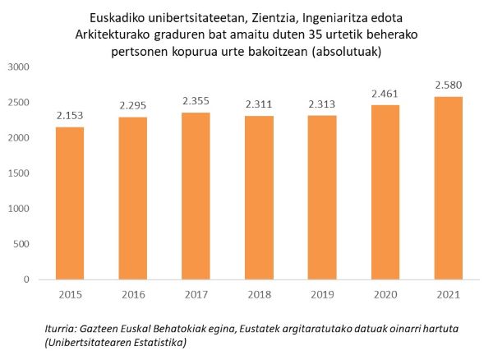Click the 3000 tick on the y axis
[18, 67]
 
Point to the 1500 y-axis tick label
[18, 173]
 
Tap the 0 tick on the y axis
[27, 279]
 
